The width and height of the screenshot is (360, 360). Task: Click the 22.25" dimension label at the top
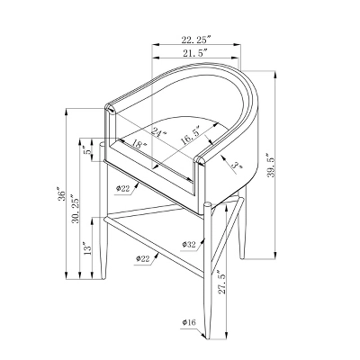tap(196, 40)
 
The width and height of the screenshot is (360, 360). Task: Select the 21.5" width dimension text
tap(195, 53)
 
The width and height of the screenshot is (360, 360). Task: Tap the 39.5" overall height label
tap(271, 166)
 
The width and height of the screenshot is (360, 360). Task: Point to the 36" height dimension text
tap(61, 194)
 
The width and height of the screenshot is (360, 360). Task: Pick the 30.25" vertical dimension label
tap(76, 211)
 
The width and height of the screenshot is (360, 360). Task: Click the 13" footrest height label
tap(86, 248)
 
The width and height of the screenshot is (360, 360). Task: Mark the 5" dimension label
tap(87, 150)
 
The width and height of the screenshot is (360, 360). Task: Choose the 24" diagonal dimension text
tap(158, 132)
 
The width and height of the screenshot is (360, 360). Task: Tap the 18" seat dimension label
tap(139, 144)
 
